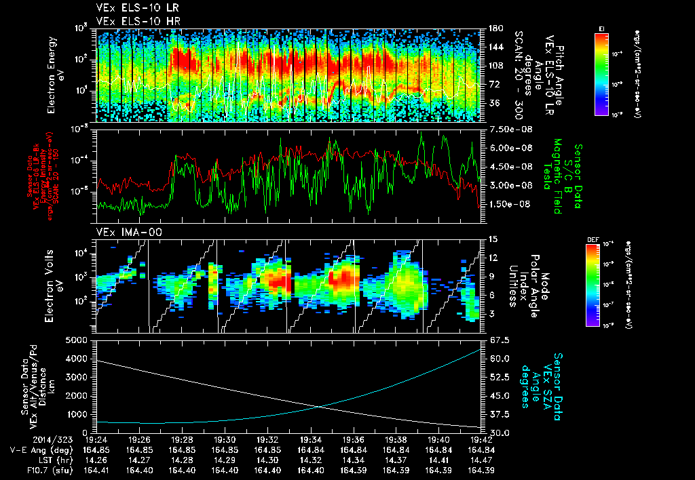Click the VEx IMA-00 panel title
(x=121, y=233)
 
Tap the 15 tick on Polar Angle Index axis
(x=489, y=239)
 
